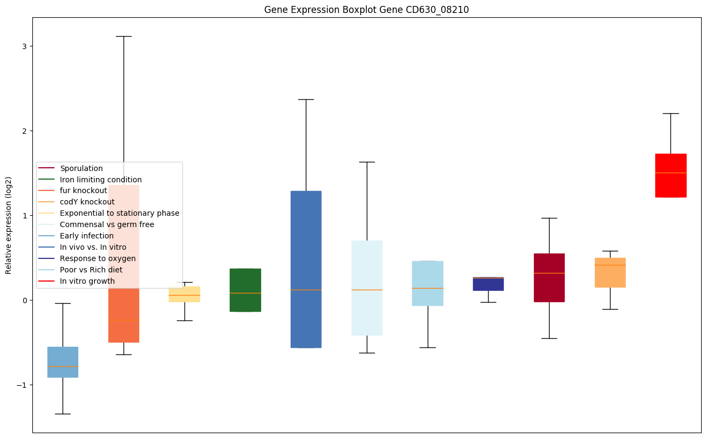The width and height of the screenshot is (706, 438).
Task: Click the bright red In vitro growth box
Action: pos(670,175)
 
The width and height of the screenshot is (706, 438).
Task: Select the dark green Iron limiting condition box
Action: pos(245,290)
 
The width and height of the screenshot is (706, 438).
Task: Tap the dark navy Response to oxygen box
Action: pos(488,284)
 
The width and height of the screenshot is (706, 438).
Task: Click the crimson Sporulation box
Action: pos(549,277)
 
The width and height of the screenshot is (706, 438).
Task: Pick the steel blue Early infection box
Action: pos(63,362)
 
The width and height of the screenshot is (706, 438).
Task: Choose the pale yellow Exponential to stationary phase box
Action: pos(184,294)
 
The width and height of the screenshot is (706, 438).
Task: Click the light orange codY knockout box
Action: pos(610,272)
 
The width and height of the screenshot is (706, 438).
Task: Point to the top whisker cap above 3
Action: pos(124,36)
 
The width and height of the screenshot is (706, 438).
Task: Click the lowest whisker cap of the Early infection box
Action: pos(63,414)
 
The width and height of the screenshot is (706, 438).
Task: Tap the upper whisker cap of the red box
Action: pos(670,113)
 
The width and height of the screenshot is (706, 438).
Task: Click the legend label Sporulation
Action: pos(81,168)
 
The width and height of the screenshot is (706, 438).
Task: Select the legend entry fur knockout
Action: pos(84,191)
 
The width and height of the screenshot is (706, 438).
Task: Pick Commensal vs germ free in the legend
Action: pos(107,224)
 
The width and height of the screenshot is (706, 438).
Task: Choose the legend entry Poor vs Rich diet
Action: pos(91,270)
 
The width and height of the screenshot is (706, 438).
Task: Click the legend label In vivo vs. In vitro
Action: pos(93,247)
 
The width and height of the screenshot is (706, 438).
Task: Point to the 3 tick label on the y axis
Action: pos(23,46)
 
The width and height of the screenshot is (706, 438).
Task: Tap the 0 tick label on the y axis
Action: pos(23,300)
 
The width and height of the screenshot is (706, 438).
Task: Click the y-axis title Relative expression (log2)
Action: pos(9,225)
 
